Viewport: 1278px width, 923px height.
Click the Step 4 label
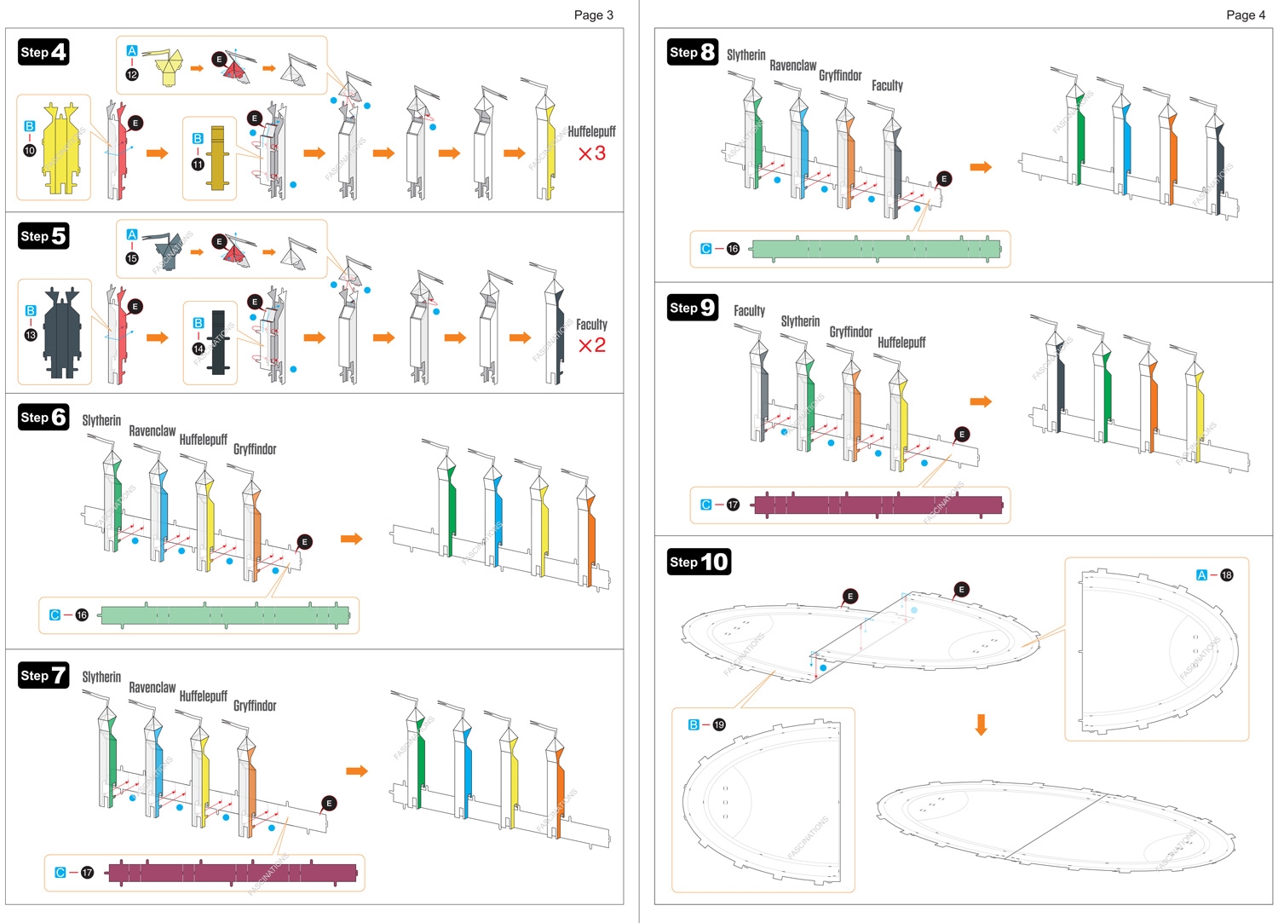[x=43, y=52]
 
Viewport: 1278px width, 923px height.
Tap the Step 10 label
[x=699, y=562]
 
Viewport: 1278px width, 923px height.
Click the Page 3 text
[x=593, y=14]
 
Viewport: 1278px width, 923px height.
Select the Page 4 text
[x=1245, y=14]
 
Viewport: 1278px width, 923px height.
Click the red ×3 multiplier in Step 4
[x=591, y=153]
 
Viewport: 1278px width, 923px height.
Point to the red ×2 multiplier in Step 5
[x=591, y=345]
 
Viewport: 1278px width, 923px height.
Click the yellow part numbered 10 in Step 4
[x=60, y=149]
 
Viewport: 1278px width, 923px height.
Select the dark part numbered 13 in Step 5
[x=62, y=332]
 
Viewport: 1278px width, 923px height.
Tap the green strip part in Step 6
[x=225, y=615]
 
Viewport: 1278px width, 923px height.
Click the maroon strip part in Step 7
[x=232, y=873]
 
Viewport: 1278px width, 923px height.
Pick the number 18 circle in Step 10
[x=1226, y=575]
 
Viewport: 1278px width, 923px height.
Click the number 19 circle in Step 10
[x=719, y=725]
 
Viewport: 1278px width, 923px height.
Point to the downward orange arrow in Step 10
[x=981, y=724]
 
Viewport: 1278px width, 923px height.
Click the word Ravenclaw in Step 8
[x=792, y=66]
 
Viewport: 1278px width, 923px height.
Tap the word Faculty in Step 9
[x=749, y=311]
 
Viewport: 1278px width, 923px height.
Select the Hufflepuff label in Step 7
[x=203, y=696]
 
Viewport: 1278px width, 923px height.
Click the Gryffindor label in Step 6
[x=255, y=449]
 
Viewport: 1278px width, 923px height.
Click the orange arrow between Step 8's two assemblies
[x=981, y=167]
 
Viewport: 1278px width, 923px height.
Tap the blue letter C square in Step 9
[x=705, y=505]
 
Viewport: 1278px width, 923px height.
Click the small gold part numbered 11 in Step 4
[x=217, y=158]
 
